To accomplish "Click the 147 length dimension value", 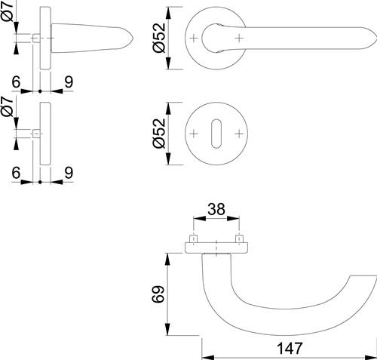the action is (289, 349).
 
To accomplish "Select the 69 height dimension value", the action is (158, 294).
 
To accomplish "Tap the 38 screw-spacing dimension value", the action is (216, 209).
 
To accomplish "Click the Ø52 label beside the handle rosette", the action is (159, 38).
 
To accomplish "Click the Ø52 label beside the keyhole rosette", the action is (159, 134).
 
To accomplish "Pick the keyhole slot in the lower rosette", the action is (216, 134).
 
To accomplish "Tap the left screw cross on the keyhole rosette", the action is (194, 134).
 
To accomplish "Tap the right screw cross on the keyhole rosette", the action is (239, 134).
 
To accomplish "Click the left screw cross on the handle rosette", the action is (194, 38).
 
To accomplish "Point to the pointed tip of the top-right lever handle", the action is (376, 38).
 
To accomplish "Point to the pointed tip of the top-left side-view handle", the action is (133, 38).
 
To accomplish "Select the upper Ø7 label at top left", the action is (7, 11).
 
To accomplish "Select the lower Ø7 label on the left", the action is (7, 107).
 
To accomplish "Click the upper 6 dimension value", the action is (16, 82).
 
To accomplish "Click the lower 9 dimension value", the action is (69, 173).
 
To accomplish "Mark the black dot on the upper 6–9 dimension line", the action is (40, 91).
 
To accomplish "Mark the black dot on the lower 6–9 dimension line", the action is (40, 182).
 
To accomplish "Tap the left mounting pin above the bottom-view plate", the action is (193, 238).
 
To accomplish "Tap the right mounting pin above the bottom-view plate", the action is (239, 238).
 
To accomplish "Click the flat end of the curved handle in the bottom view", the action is (363, 275).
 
